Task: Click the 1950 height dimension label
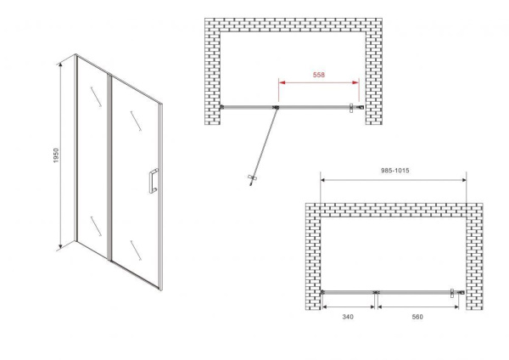pos(56,155)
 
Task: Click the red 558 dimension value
pos(319,75)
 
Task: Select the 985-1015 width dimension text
pos(394,171)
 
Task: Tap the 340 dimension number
pos(348,317)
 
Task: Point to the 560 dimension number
pos(417,317)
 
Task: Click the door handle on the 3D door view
pos(154,181)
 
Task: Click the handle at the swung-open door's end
pos(252,179)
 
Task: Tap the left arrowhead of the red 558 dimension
pos(282,82)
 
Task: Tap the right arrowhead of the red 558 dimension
pos(355,82)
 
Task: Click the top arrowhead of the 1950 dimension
pos(60,65)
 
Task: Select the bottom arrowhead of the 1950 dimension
pos(60,247)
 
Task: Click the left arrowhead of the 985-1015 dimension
pos(323,180)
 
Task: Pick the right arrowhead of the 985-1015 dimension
pos(463,180)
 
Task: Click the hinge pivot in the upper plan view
pos(276,107)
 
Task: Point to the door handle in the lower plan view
pos(451,294)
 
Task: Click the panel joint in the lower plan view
pos(376,292)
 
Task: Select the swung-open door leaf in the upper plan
pos(264,145)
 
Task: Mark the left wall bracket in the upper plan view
pos(222,107)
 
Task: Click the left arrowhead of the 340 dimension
pos(324,307)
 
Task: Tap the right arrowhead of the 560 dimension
pos(456,307)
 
